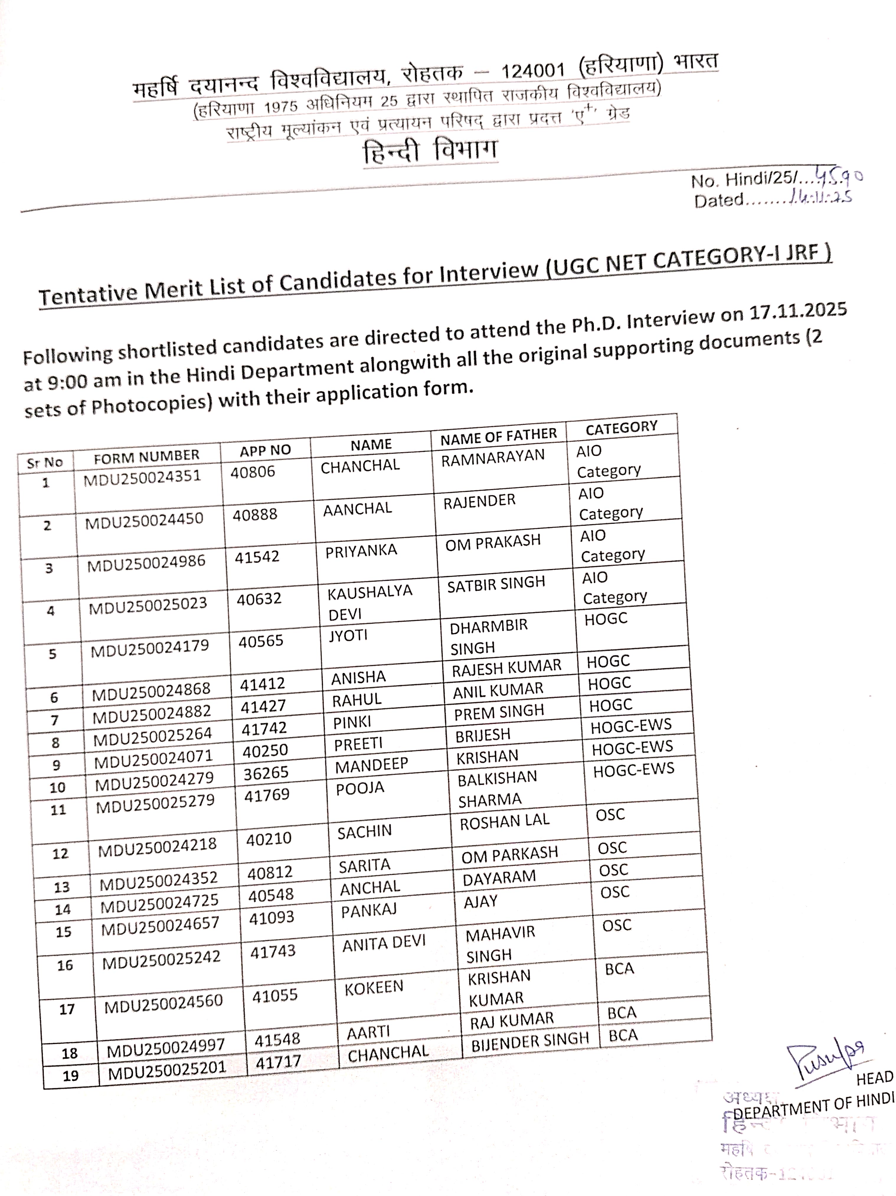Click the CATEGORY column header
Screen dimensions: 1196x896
pyautogui.click(x=622, y=428)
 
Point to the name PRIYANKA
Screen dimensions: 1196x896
pyautogui.click(x=361, y=551)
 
